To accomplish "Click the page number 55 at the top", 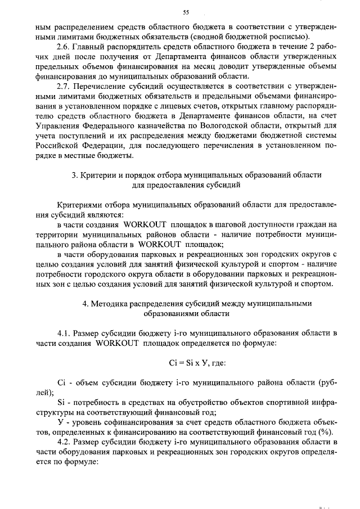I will [x=186, y=12].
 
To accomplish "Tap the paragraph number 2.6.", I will [x=65, y=47].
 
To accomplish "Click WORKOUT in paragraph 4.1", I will [x=119, y=344].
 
